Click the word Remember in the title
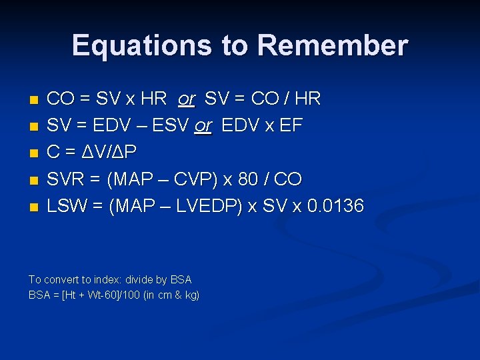(x=332, y=45)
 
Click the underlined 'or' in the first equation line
(x=186, y=99)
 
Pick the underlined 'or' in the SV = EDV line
(x=203, y=126)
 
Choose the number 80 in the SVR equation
(x=257, y=179)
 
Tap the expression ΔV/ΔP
(x=109, y=153)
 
